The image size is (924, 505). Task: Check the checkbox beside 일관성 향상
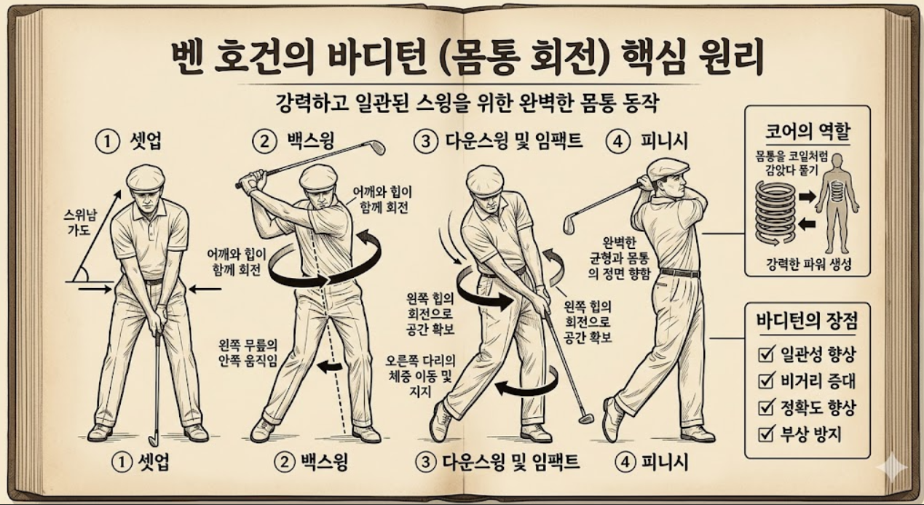765,354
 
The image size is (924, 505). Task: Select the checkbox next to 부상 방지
765,434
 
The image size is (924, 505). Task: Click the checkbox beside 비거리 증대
765,381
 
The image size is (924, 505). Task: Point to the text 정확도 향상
818,407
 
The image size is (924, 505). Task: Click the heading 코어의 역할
807,132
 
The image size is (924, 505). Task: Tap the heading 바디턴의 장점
807,321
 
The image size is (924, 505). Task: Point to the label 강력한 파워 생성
808,264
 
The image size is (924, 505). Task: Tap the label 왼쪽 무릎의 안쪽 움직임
248,353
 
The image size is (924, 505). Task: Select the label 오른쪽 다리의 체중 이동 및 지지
421,376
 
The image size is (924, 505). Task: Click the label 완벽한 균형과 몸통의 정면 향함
619,258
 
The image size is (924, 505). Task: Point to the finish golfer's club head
570,225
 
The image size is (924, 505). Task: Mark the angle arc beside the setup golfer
84,274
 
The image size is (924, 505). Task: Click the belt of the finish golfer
680,273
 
